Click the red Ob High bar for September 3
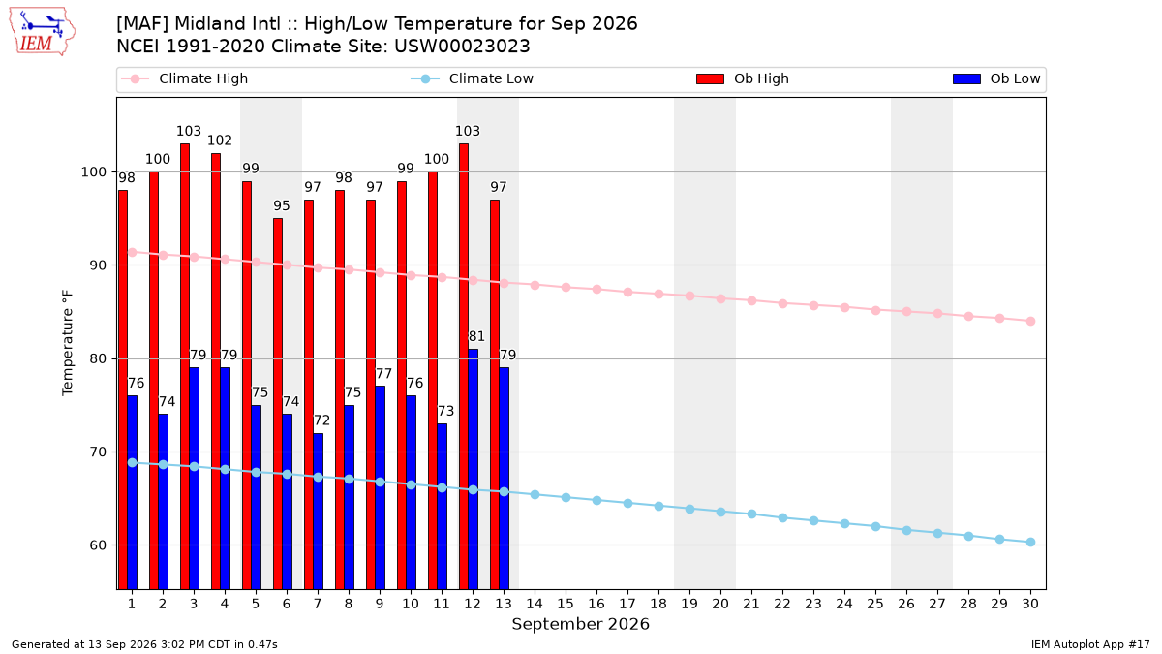[x=185, y=366]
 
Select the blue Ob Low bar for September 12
[x=474, y=469]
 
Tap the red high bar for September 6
[x=278, y=404]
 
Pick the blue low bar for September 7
[x=318, y=512]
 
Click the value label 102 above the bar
[x=220, y=140]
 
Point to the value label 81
[x=476, y=336]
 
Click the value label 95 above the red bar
[x=281, y=205]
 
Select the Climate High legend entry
[x=184, y=78]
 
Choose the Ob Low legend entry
[x=996, y=78]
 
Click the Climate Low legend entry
[x=473, y=78]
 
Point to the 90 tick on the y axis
[x=97, y=265]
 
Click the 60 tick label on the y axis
[x=97, y=545]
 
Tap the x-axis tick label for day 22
[x=782, y=604]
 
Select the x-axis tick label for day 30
[x=1030, y=604]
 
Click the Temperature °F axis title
[x=68, y=343]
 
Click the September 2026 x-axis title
[x=580, y=624]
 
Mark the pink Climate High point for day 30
[x=1030, y=322]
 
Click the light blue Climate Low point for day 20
[x=720, y=512]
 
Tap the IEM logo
[x=42, y=32]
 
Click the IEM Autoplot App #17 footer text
[x=1090, y=644]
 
